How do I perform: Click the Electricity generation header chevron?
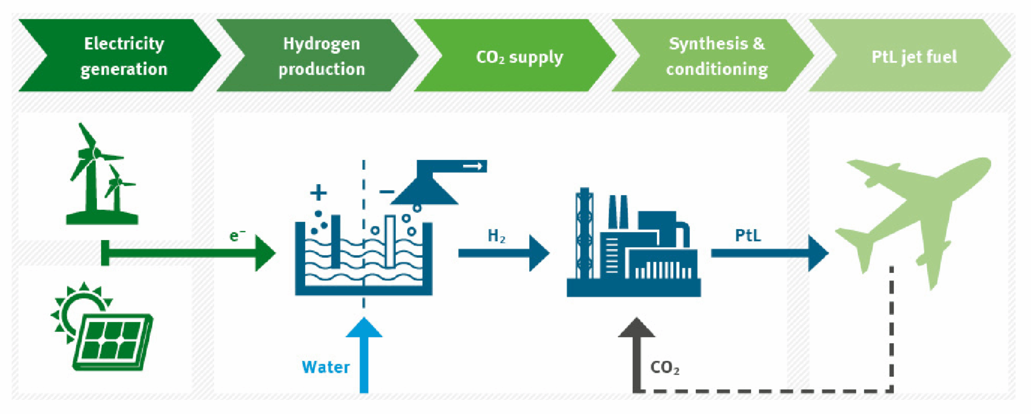(121, 56)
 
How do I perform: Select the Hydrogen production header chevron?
(318, 56)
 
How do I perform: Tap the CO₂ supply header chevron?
(515, 56)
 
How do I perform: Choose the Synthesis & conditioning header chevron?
(713, 56)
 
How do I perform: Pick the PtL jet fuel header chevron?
(910, 56)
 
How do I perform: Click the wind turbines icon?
(101, 174)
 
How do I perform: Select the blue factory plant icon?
(634, 242)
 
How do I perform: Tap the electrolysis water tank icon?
(364, 257)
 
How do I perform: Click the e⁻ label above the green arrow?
(237, 235)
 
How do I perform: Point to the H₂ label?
(496, 236)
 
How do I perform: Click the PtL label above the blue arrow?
(748, 235)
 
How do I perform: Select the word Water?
(326, 367)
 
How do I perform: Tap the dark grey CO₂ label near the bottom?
(665, 367)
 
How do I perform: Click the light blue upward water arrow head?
(364, 327)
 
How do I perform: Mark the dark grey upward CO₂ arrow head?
(637, 327)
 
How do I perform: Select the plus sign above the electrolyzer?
(318, 192)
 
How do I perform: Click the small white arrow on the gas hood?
(472, 166)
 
